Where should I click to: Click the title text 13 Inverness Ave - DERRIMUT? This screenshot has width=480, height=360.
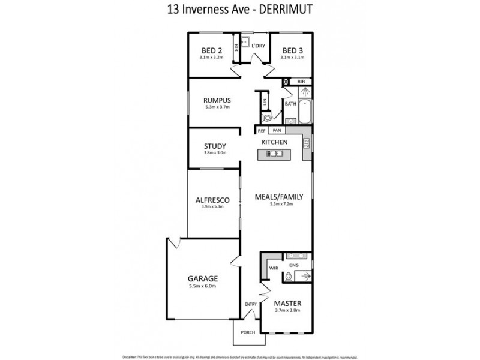pos(239,9)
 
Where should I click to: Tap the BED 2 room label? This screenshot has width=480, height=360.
pos(211,50)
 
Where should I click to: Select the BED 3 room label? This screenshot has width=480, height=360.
pos(293,50)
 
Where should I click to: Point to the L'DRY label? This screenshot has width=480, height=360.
pos(258,46)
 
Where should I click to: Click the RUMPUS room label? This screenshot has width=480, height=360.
pos(217,100)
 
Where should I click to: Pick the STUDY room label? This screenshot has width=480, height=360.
pos(214,145)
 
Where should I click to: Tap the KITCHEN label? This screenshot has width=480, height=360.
pos(274,142)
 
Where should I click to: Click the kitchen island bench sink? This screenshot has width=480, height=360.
pos(275,154)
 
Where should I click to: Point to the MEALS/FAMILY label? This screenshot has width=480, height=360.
pos(279,196)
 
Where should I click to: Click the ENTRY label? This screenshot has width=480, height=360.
pos(250,304)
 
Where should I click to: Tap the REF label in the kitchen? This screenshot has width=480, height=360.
pos(262,130)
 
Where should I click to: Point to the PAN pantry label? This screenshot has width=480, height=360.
pos(277,130)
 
